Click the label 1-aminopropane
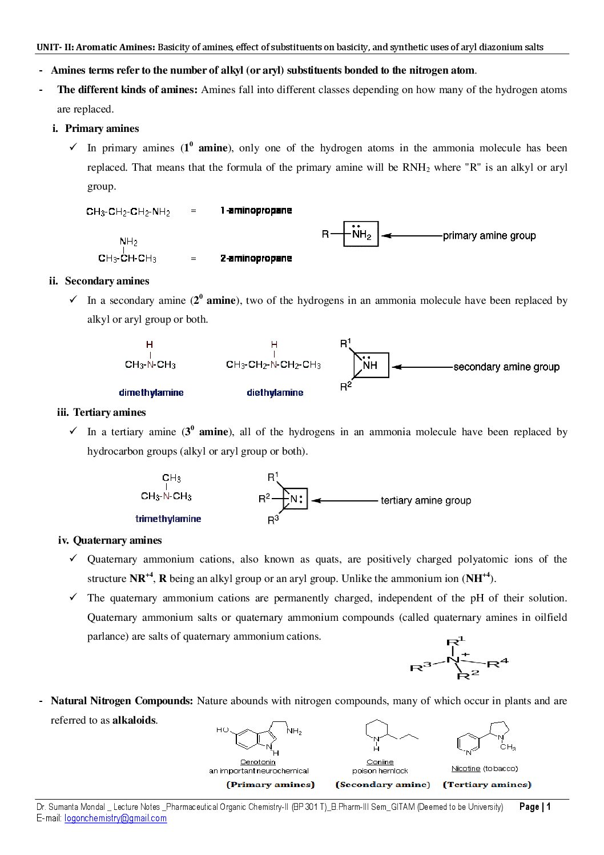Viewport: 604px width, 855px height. [256, 210]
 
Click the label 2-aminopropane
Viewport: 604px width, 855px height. [256, 258]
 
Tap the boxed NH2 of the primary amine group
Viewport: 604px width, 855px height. [361, 234]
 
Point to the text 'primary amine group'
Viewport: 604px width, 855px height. [489, 235]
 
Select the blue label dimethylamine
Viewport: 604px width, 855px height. [151, 393]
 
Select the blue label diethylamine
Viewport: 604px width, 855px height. [275, 393]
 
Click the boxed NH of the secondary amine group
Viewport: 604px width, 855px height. [371, 365]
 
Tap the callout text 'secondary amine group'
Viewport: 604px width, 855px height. [506, 367]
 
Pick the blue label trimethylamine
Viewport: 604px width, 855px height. [168, 519]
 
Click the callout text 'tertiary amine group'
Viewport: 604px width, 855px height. [426, 501]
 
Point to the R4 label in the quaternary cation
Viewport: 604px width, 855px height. [497, 663]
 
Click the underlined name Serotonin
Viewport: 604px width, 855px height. [257, 762]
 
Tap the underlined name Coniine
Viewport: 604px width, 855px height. [380, 762]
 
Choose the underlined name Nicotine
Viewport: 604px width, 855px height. [466, 769]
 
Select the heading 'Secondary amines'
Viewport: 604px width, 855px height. [107, 281]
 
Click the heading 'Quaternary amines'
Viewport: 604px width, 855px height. [118, 540]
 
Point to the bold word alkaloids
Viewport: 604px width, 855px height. [134, 720]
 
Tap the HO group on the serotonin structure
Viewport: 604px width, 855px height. [223, 730]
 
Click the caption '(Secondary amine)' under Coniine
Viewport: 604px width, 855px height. [382, 785]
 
